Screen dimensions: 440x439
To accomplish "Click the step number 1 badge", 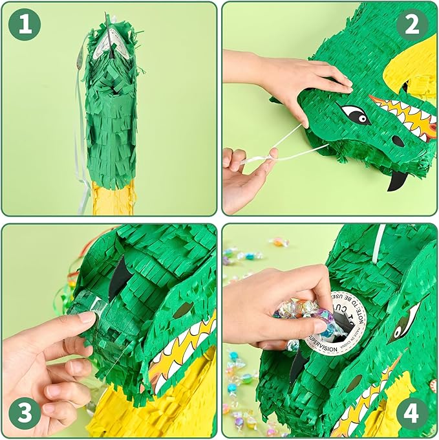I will [x=25, y=25].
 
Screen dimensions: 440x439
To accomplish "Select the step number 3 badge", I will [x=25, y=413].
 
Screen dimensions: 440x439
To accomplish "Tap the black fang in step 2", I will [x=395, y=181].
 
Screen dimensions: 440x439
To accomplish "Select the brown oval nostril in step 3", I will [x=182, y=309].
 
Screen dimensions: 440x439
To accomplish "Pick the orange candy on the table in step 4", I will [x=279, y=242].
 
